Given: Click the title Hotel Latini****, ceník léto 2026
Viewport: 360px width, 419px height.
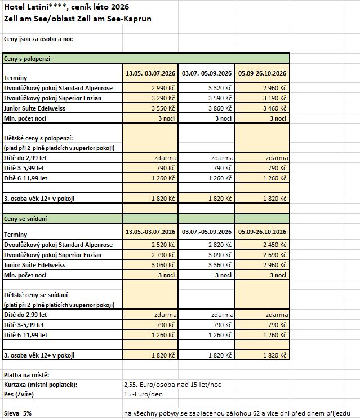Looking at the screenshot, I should [66, 7].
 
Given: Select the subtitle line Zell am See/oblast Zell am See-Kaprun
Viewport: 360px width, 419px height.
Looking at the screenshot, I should [77, 19].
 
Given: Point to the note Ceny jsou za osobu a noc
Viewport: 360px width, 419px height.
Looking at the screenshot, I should [38, 39].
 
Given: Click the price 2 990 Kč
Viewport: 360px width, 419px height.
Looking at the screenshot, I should [163, 88].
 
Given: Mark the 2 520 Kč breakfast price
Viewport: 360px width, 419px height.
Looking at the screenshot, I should [163, 245].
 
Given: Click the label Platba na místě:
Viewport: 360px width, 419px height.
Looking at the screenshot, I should [26, 375].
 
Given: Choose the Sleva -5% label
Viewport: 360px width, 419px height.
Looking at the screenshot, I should [18, 413].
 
